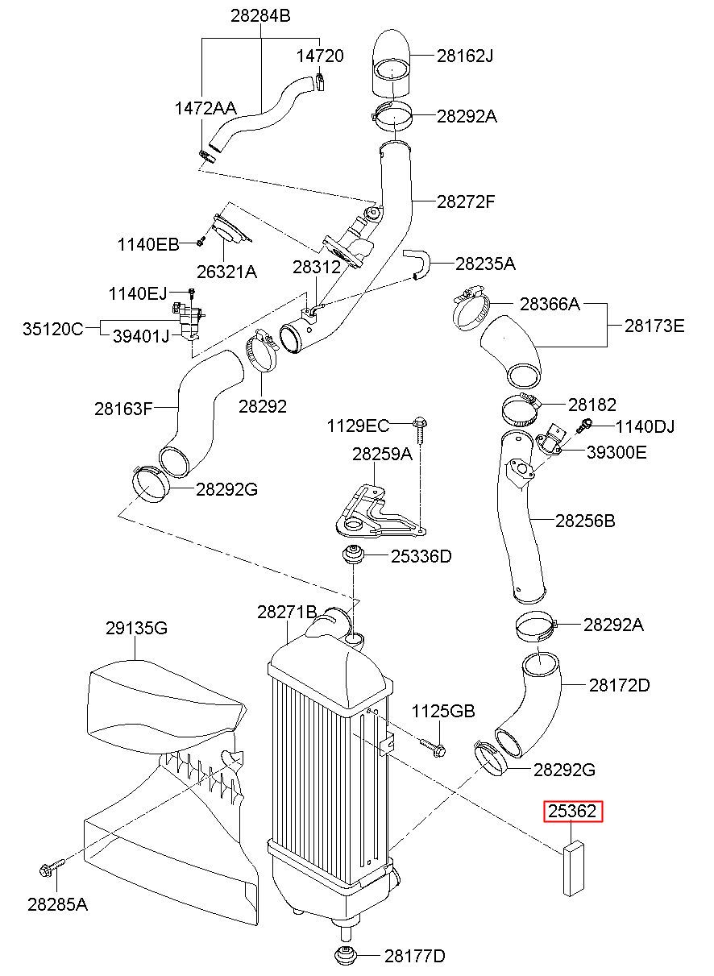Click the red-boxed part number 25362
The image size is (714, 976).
[572, 811]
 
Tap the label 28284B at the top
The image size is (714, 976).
[260, 15]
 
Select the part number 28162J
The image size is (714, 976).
[465, 56]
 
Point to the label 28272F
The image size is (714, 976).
[466, 201]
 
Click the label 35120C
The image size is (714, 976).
[52, 329]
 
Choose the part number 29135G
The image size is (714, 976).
[136, 628]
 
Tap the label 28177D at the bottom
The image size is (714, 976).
[415, 956]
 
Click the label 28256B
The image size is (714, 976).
[585, 521]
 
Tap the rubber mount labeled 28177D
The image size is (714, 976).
[347, 956]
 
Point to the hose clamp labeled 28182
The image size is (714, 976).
[521, 409]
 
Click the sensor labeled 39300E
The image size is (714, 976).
[550, 438]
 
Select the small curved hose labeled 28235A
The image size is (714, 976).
[417, 264]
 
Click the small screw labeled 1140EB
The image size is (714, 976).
[201, 241]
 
